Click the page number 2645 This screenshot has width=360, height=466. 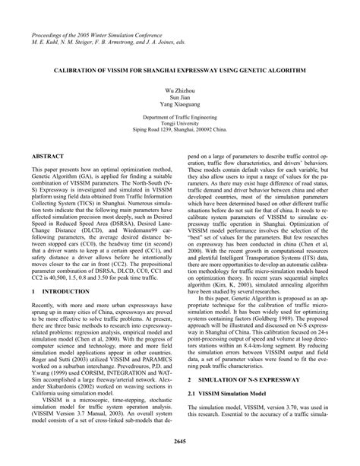point(180,441)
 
